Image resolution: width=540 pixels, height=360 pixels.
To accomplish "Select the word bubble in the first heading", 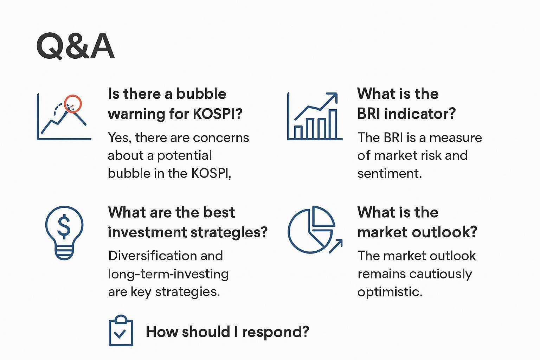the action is click(x=201, y=94).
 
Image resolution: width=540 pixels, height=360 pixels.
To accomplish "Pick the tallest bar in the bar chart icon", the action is click(x=333, y=124).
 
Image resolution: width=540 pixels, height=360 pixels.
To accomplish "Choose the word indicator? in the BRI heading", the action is click(x=420, y=114).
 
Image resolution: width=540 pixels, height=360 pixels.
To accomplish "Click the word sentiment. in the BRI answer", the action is click(x=390, y=173).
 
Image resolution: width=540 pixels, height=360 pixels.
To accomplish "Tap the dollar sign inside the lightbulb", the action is click(x=64, y=226).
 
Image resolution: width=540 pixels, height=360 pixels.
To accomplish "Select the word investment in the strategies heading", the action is click(x=147, y=232).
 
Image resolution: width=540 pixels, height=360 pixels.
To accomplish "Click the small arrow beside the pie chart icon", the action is click(x=336, y=246).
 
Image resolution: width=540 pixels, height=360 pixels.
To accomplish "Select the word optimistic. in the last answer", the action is click(x=390, y=292).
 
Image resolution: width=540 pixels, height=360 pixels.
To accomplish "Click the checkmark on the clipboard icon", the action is click(x=120, y=334).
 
